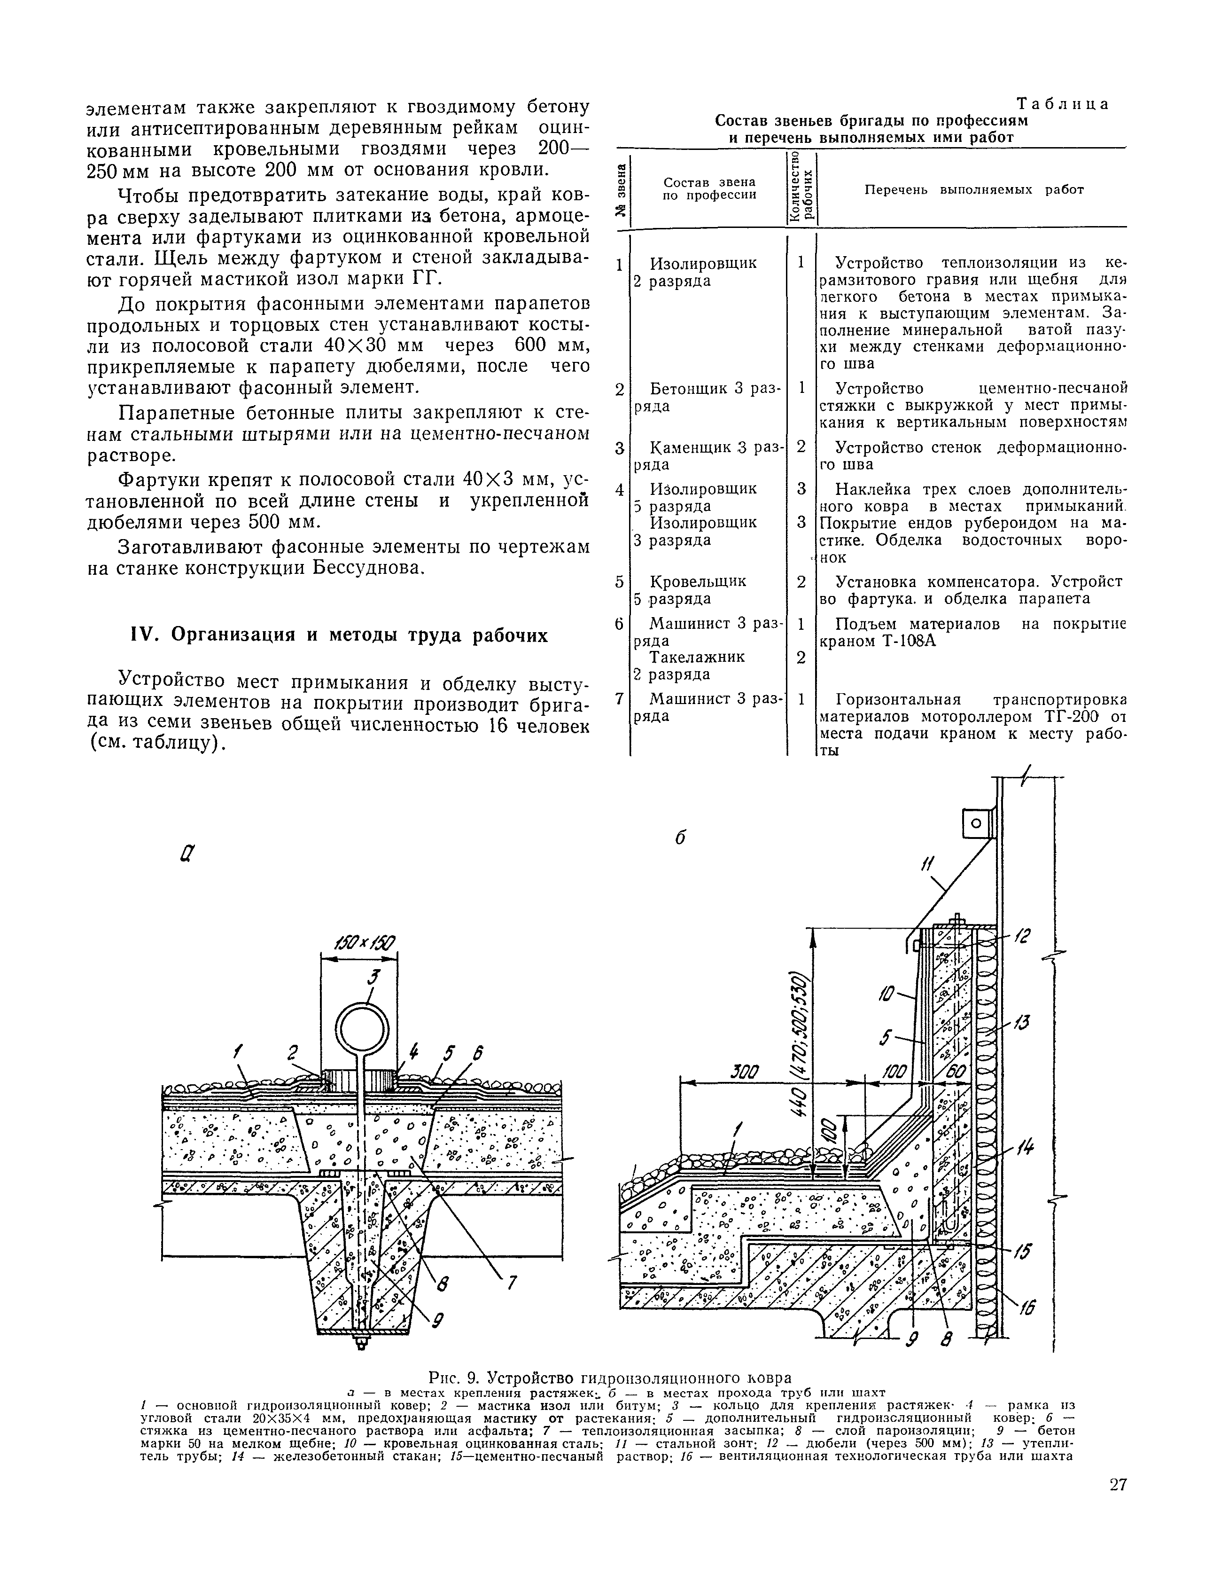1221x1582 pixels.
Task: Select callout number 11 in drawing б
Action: click(928, 864)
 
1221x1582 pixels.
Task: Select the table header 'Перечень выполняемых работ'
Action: click(973, 190)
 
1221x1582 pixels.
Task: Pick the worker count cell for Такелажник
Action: click(801, 658)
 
